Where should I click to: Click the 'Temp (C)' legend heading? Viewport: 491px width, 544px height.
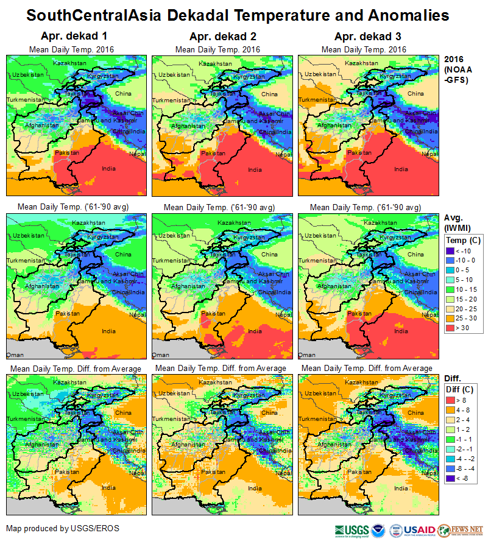(464, 240)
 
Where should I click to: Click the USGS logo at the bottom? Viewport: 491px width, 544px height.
(351, 529)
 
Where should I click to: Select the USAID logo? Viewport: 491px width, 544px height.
(419, 529)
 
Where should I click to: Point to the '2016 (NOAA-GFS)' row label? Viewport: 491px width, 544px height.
(457, 69)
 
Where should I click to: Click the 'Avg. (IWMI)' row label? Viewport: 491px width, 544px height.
(456, 223)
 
